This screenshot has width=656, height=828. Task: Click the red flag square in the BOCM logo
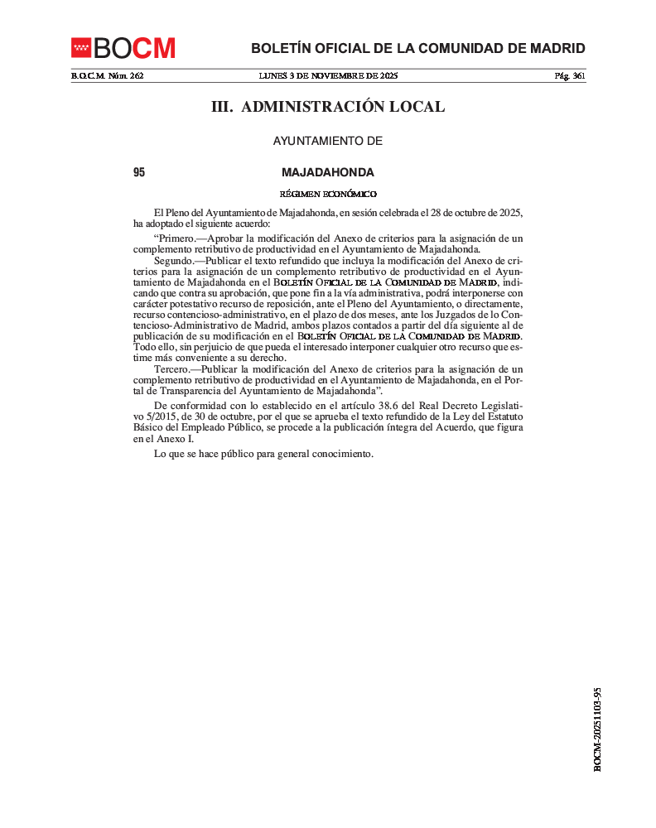[81, 48]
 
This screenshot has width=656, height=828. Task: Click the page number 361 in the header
[579, 75]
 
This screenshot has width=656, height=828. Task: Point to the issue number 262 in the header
[137, 75]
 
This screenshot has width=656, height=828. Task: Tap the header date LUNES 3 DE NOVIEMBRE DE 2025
[328, 75]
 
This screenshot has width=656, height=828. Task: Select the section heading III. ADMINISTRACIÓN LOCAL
[328, 107]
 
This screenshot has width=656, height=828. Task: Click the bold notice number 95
[139, 173]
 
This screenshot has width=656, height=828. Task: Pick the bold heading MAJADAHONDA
[328, 173]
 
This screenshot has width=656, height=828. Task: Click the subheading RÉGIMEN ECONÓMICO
[328, 194]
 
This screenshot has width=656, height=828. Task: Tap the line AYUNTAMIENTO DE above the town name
[328, 142]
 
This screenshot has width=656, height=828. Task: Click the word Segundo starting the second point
[172, 260]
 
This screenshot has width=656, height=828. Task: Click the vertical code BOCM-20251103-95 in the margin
[597, 729]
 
